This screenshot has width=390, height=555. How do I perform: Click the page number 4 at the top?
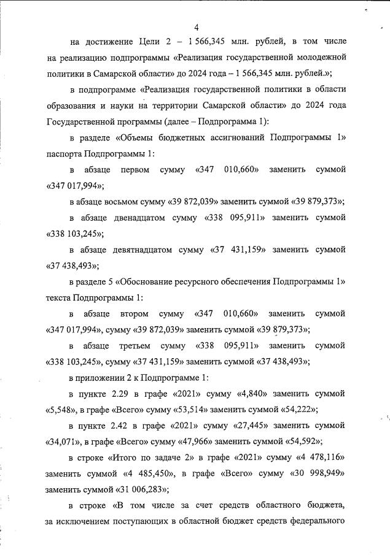coord(196,27)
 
